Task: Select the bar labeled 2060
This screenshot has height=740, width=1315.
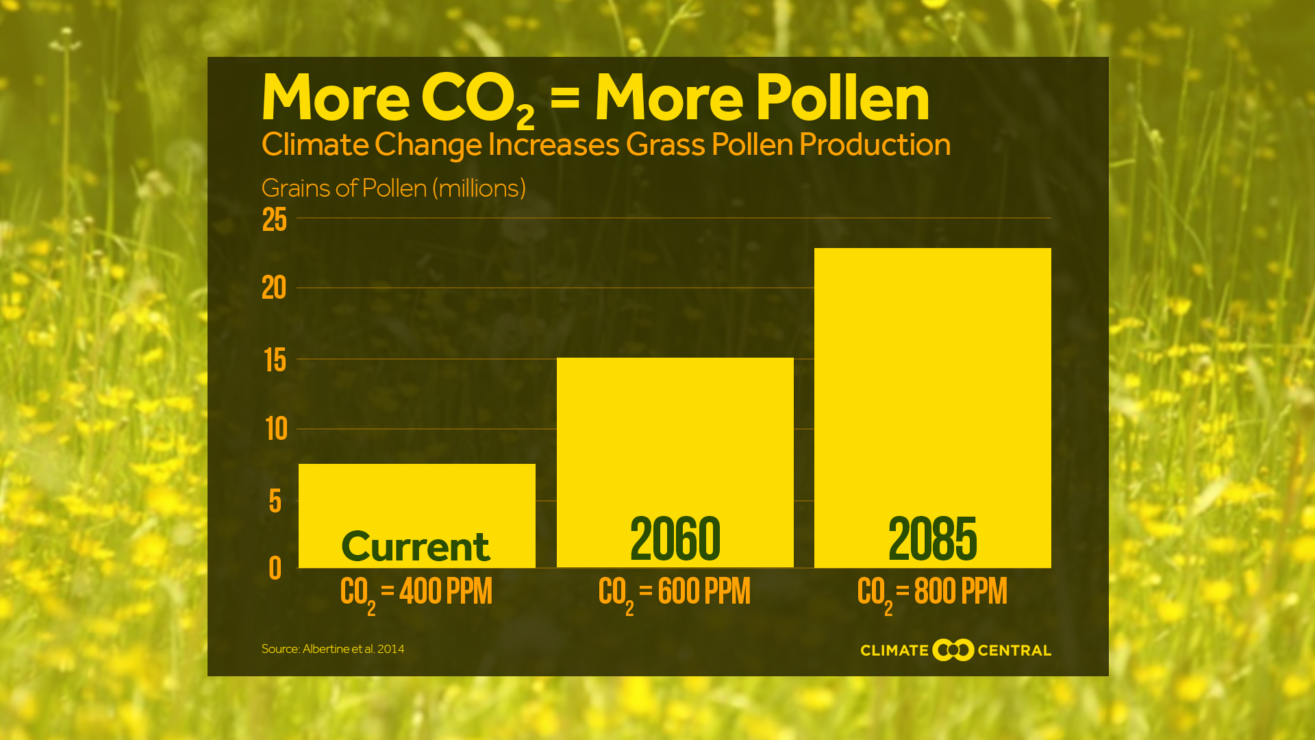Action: [675, 445]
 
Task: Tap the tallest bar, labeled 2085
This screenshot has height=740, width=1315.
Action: [932, 384]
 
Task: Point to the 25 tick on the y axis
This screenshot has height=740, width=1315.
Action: [275, 220]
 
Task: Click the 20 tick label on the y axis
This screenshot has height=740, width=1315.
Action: [274, 288]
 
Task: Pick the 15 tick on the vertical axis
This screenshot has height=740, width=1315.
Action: [275, 360]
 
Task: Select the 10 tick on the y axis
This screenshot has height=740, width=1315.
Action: [276, 430]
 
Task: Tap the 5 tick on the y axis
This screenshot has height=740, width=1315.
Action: [275, 502]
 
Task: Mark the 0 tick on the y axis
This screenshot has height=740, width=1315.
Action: [275, 568]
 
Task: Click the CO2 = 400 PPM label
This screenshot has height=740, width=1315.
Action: [416, 593]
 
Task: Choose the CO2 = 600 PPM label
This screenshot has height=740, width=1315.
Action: [674, 593]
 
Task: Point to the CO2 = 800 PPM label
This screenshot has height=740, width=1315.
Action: [932, 593]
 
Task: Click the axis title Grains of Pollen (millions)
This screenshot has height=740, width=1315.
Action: [393, 188]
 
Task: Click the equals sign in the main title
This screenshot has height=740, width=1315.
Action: [564, 97]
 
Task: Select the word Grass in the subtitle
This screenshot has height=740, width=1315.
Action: [665, 145]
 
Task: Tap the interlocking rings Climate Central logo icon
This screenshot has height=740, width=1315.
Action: [953, 650]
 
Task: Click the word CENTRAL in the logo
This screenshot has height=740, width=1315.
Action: [1014, 650]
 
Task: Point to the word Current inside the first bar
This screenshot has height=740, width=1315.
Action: [416, 546]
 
